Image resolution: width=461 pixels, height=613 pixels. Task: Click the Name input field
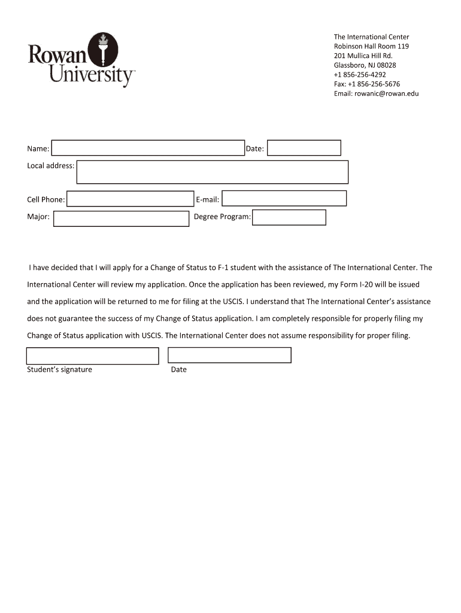148,148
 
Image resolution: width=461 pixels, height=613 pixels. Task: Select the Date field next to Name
304,148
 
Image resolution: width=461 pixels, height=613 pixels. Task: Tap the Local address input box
213,172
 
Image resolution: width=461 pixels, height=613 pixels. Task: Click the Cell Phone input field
130,199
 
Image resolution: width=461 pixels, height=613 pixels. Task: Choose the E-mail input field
284,198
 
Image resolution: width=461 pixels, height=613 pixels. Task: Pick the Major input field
121,219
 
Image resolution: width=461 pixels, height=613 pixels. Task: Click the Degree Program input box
289,217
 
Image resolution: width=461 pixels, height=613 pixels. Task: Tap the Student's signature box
93,356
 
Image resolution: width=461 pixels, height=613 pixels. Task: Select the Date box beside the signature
229,355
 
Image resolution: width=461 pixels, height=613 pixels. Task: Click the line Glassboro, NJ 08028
365,65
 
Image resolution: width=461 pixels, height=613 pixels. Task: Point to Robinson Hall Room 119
371,46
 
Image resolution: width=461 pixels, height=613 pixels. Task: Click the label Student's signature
59,369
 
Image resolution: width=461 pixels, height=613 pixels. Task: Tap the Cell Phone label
46,199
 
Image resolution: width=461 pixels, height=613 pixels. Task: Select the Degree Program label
222,217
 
